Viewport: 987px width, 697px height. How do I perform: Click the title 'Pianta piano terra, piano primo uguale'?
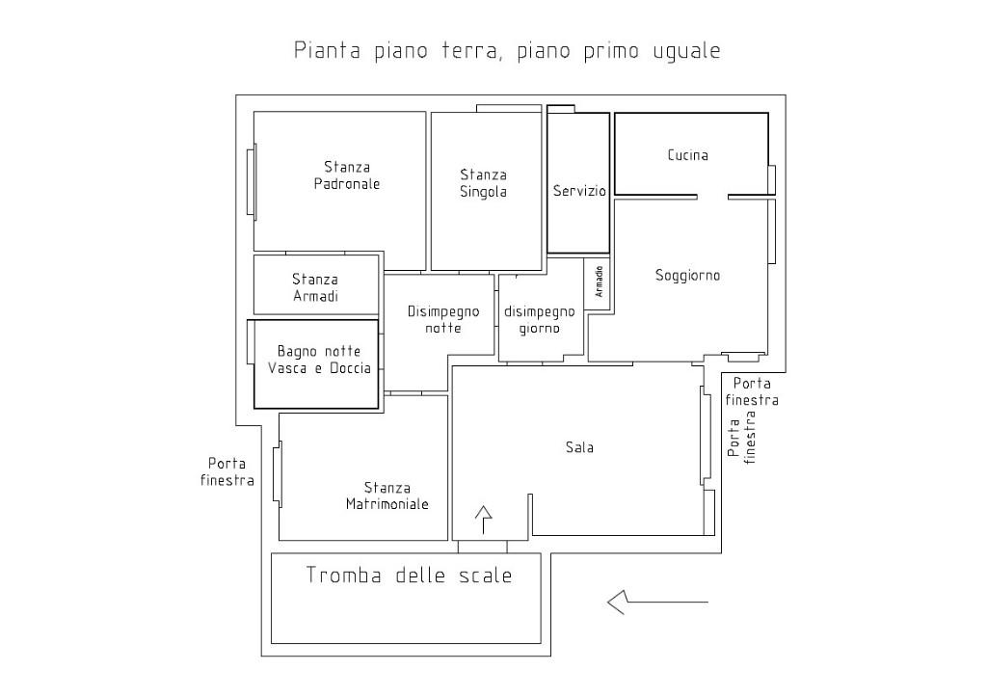click(507, 51)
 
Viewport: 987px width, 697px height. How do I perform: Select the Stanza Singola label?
click(483, 183)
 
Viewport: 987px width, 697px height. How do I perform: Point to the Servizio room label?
click(579, 191)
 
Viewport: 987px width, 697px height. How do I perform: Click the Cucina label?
click(687, 154)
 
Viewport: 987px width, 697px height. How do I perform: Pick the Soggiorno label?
click(687, 275)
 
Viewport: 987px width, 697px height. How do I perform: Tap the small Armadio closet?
click(599, 281)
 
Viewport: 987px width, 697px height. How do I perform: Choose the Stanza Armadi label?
click(315, 287)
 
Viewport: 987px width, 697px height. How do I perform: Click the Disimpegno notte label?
click(443, 319)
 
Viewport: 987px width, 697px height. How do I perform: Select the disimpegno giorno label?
click(540, 319)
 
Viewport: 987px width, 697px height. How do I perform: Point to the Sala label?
click(579, 447)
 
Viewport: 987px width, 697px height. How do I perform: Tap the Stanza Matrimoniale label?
click(387, 496)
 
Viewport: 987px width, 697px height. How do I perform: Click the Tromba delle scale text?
click(409, 576)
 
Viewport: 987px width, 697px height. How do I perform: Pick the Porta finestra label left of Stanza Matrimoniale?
click(227, 471)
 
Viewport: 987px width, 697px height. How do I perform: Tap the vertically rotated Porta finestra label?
click(742, 440)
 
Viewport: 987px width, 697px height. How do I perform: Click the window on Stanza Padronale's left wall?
click(253, 181)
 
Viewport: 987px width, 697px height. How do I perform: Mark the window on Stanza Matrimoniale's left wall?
click(278, 473)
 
